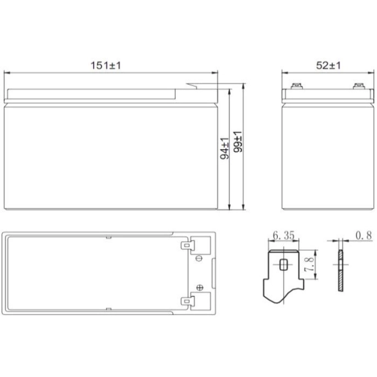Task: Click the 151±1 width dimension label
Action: (x=106, y=65)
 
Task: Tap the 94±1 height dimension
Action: (x=224, y=147)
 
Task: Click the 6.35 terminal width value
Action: (x=283, y=236)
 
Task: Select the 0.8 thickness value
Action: (x=364, y=236)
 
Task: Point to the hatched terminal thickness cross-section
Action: (x=340, y=272)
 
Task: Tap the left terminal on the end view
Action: (x=296, y=86)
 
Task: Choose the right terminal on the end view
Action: (x=359, y=86)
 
